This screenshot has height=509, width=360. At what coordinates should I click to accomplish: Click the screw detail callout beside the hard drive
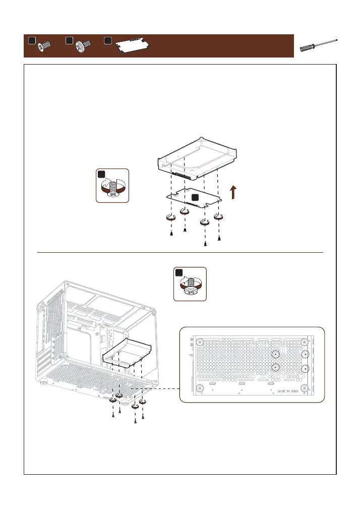coord(113,186)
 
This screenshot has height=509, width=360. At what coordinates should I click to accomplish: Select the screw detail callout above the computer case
coord(190,284)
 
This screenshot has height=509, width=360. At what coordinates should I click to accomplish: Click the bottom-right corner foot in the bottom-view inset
coord(305,387)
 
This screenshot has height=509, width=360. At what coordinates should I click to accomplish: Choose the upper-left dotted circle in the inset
coord(275,354)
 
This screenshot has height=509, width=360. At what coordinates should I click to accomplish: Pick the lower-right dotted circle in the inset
coord(305,369)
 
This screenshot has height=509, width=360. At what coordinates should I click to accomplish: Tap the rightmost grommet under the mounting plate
coord(219,217)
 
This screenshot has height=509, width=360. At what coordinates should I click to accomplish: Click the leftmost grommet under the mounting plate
coord(170,218)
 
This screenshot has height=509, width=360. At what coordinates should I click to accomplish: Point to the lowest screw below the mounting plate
coord(205,244)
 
